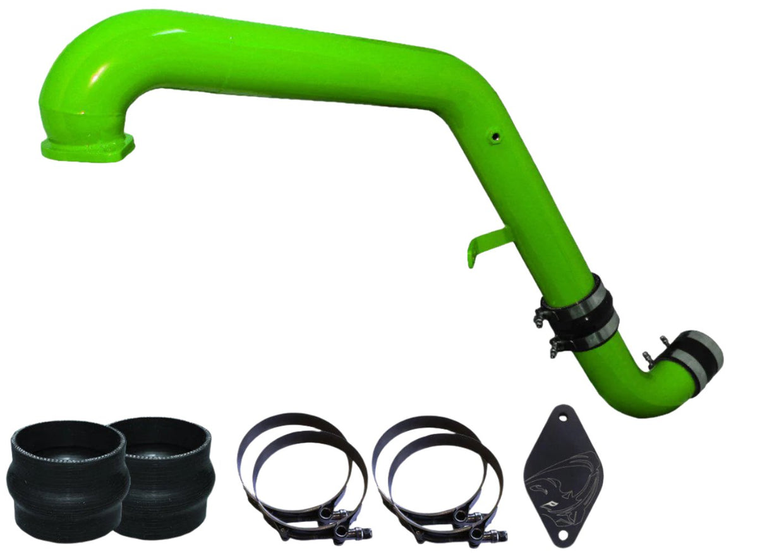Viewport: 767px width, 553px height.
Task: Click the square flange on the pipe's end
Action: click(87, 145)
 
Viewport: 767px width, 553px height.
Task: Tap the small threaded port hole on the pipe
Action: click(495, 136)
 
